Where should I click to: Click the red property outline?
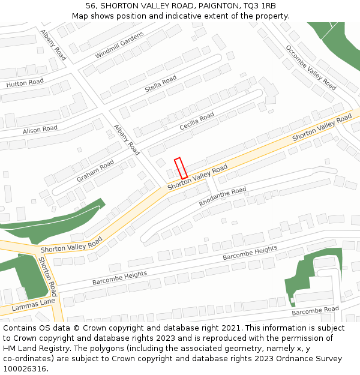click(x=181, y=168)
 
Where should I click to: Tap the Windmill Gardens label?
click(x=119, y=46)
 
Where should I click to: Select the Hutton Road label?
click(x=25, y=83)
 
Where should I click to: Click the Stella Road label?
click(x=161, y=85)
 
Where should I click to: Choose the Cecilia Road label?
click(x=197, y=121)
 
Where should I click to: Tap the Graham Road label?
click(x=95, y=171)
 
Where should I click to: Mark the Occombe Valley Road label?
click(x=310, y=67)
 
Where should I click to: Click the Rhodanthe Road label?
click(x=222, y=197)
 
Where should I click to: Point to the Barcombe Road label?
click(x=315, y=311)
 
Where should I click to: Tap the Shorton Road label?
click(x=47, y=277)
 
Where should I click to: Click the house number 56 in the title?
click(x=91, y=6)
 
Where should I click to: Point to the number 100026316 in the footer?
click(x=25, y=368)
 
